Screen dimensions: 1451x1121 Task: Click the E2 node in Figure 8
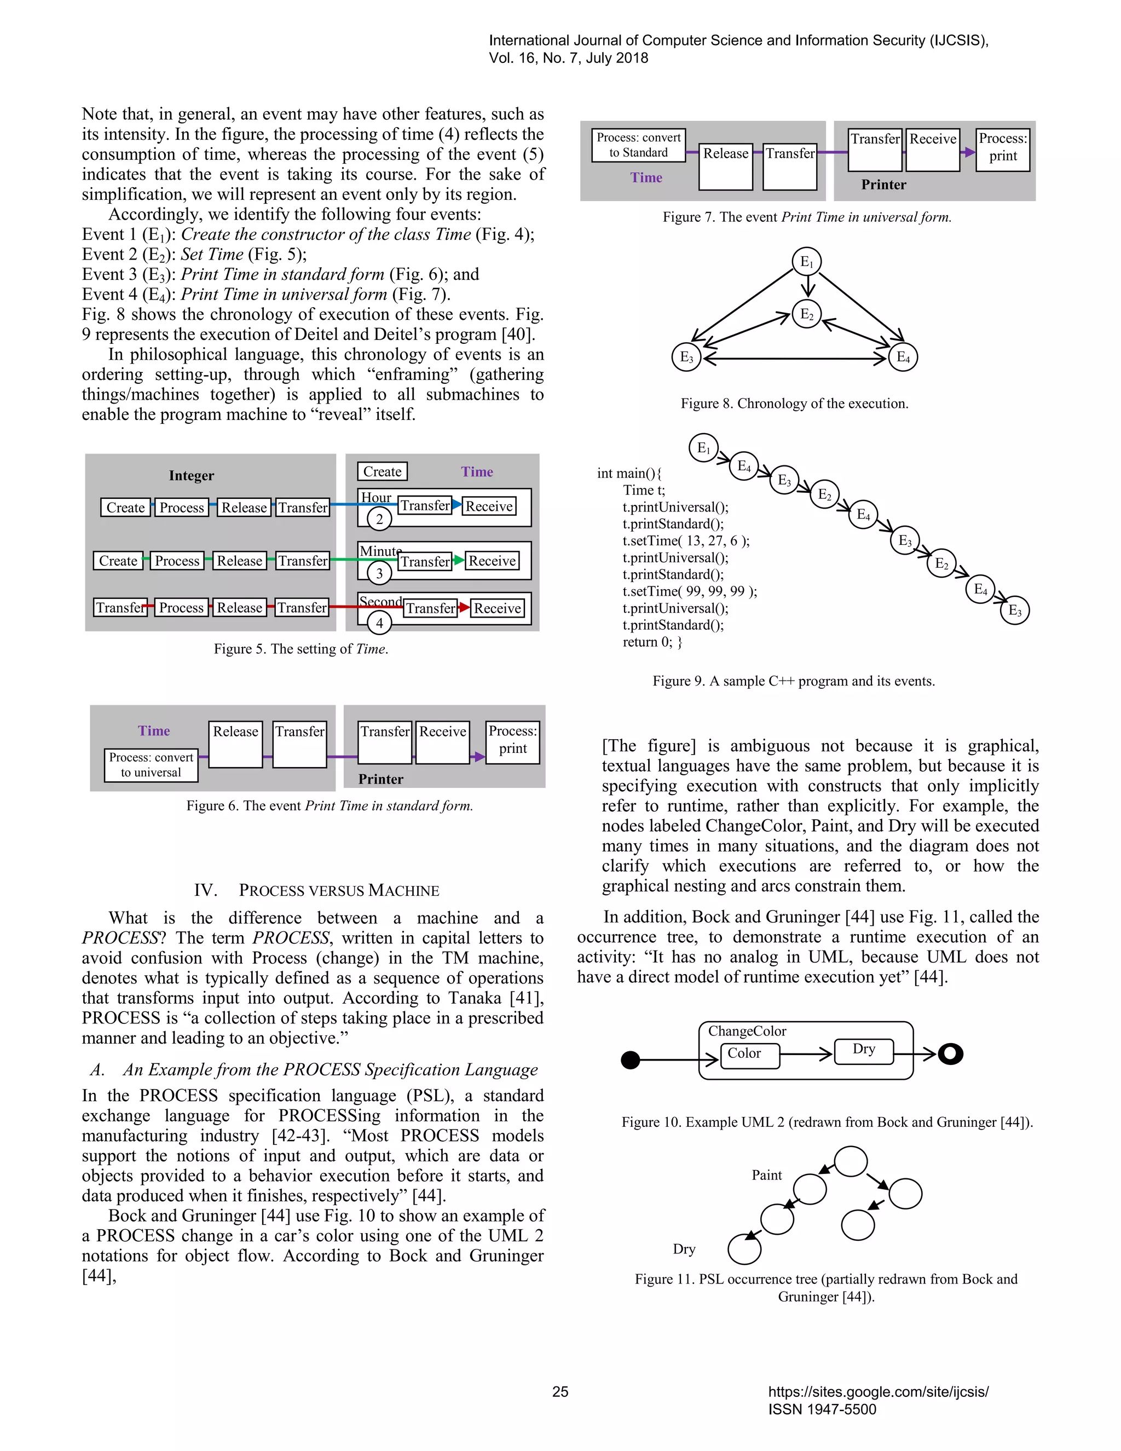click(x=807, y=314)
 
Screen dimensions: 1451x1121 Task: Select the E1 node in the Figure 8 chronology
click(x=807, y=262)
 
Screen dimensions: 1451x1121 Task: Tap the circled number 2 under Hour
click(x=379, y=519)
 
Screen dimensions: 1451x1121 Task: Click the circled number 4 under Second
click(x=379, y=623)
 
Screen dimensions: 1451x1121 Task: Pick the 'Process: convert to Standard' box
click(x=638, y=145)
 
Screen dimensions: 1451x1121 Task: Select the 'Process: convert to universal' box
click(x=151, y=765)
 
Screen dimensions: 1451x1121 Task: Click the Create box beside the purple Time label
click(x=382, y=471)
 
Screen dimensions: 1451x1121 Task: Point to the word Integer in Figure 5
click(x=191, y=475)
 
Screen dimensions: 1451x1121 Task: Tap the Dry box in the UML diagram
click(x=863, y=1050)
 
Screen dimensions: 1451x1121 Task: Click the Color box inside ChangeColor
click(x=749, y=1055)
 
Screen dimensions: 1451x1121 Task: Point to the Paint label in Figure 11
click(x=766, y=1175)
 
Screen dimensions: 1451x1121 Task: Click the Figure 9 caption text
click(x=793, y=681)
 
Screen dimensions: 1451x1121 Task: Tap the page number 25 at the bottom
click(x=560, y=1392)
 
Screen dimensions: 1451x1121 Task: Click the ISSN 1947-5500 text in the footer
click(x=822, y=1410)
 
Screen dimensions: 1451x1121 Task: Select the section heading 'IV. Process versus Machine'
click(x=316, y=890)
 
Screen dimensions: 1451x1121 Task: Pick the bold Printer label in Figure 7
click(x=883, y=185)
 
